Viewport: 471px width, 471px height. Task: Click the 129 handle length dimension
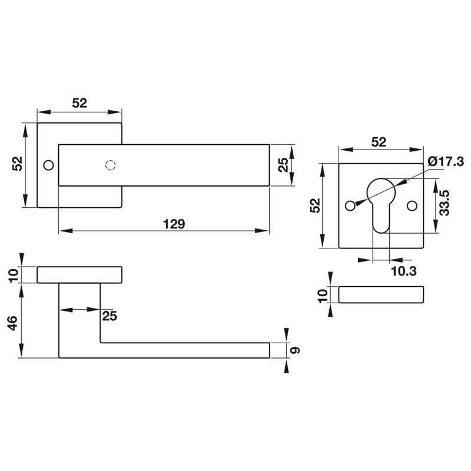tap(174, 224)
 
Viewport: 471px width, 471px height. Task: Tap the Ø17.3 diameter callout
tap(446, 161)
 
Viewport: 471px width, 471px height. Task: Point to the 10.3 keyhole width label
tap(404, 270)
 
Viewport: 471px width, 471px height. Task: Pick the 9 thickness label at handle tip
tap(296, 350)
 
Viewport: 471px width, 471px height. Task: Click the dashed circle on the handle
tap(108, 165)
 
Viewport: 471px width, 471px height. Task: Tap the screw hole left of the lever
tap(48, 165)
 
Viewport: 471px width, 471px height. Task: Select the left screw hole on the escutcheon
tap(350, 205)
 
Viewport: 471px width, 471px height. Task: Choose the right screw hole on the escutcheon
tap(412, 205)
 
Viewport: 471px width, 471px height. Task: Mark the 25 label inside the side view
tap(110, 316)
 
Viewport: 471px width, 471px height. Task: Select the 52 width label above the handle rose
tap(79, 102)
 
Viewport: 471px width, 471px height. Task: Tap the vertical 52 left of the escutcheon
tap(316, 205)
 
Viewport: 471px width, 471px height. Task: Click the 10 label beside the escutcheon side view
tap(322, 295)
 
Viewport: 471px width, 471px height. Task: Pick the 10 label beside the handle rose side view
tap(13, 275)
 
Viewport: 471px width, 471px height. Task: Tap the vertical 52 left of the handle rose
tap(17, 164)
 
